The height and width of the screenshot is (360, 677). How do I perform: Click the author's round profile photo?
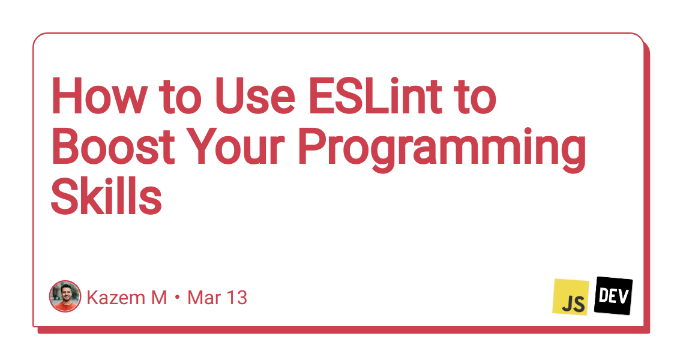click(65, 296)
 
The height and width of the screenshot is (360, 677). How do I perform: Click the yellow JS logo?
click(571, 297)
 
